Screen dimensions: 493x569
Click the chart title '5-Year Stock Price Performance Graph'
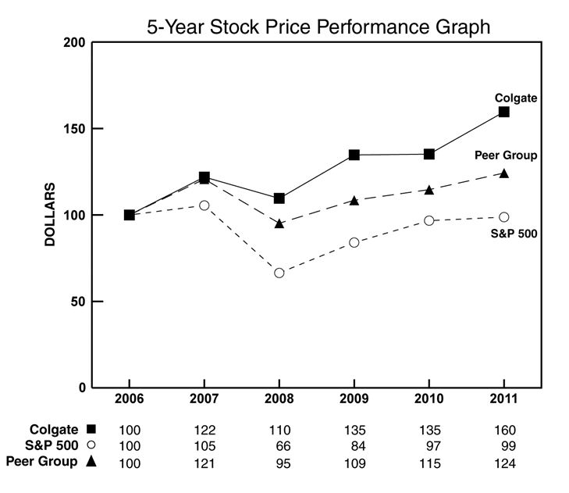(x=318, y=27)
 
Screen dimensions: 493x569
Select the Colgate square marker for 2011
(x=504, y=112)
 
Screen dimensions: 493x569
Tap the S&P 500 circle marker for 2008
(x=279, y=273)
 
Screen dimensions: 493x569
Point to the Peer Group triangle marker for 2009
(x=354, y=200)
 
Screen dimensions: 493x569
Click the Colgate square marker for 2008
(x=279, y=198)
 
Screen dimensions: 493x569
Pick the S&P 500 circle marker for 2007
(x=204, y=205)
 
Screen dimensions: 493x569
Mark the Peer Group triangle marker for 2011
(x=504, y=173)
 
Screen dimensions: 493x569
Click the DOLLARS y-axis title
(x=50, y=215)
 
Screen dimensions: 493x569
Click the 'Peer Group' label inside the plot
(x=506, y=155)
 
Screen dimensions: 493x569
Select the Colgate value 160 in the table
(x=505, y=430)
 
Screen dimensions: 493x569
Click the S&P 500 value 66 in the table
(x=279, y=446)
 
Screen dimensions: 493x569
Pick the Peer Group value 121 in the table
(x=204, y=463)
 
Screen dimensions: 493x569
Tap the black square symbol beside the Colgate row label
(x=91, y=429)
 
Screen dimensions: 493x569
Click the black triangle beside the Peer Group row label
(x=91, y=462)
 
